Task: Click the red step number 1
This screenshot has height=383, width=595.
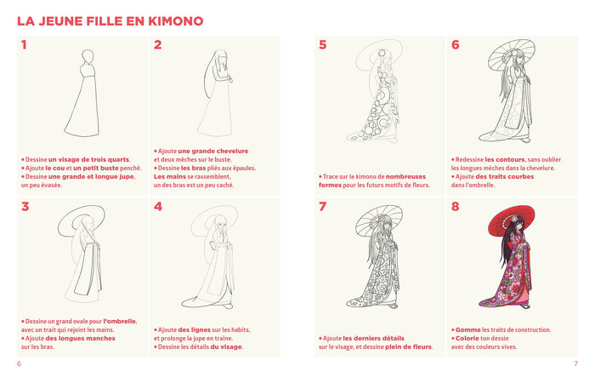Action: [x=25, y=45]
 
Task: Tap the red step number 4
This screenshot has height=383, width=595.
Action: [x=158, y=206]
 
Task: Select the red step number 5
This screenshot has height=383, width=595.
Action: [x=322, y=45]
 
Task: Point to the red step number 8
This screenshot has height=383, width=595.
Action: [x=456, y=206]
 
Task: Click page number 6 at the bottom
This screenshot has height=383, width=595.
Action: [x=19, y=364]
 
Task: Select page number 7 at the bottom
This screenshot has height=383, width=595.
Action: [x=575, y=364]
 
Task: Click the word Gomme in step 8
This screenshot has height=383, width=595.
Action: [x=467, y=329]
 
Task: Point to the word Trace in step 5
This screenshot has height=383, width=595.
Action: [x=331, y=176]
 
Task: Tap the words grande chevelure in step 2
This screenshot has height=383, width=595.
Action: [x=225, y=151]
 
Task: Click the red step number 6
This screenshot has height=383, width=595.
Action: [x=456, y=45]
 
